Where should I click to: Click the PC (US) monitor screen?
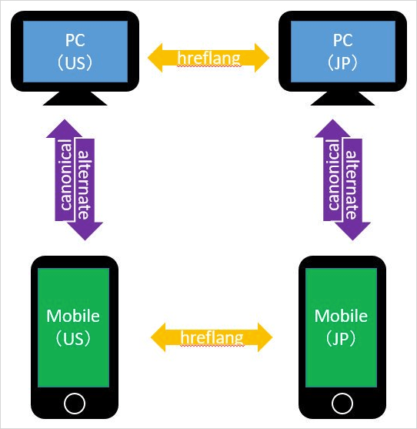(75, 52)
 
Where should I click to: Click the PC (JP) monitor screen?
(343, 52)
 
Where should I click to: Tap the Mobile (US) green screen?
(73, 327)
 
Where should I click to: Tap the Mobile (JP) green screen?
(341, 327)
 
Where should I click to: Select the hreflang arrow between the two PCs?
(208, 58)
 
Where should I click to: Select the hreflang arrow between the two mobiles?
(212, 337)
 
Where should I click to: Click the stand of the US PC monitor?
(75, 99)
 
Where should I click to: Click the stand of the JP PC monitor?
(343, 99)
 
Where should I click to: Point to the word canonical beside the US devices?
(65, 175)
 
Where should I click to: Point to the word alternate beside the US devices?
(84, 185)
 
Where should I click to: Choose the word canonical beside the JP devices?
(333, 175)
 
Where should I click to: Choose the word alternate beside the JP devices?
(352, 185)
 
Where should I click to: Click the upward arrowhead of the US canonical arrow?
(65, 129)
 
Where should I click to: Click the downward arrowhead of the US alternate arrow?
(85, 231)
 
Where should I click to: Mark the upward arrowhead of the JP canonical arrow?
(332, 129)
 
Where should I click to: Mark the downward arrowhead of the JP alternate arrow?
(353, 231)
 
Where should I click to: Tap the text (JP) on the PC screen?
(342, 63)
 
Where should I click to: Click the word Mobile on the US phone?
(73, 316)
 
